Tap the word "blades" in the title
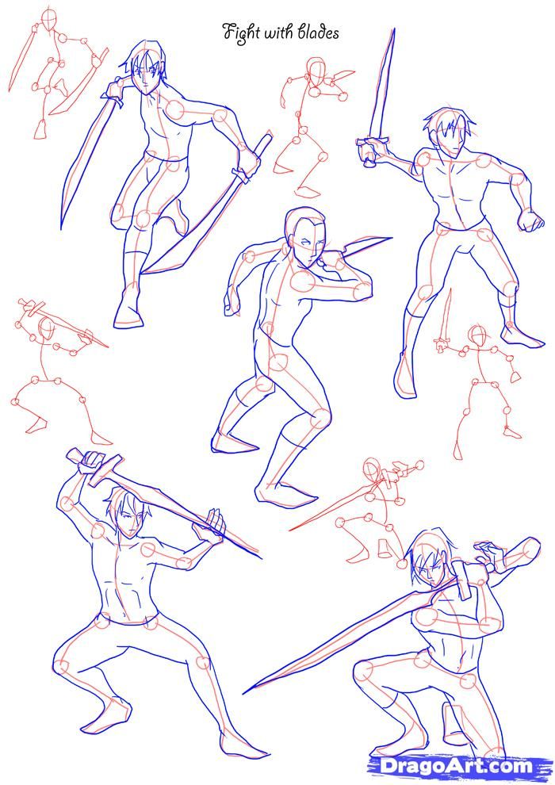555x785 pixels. tap(319, 33)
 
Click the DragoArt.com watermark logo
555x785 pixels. tap(456, 766)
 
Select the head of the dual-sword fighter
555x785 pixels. tap(144, 67)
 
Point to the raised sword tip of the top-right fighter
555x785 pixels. tap(393, 29)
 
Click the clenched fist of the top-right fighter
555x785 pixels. tap(531, 220)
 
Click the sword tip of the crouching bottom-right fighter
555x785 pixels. tap(245, 692)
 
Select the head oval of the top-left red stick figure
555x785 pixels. tap(49, 19)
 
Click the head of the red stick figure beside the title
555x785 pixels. tap(316, 71)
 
